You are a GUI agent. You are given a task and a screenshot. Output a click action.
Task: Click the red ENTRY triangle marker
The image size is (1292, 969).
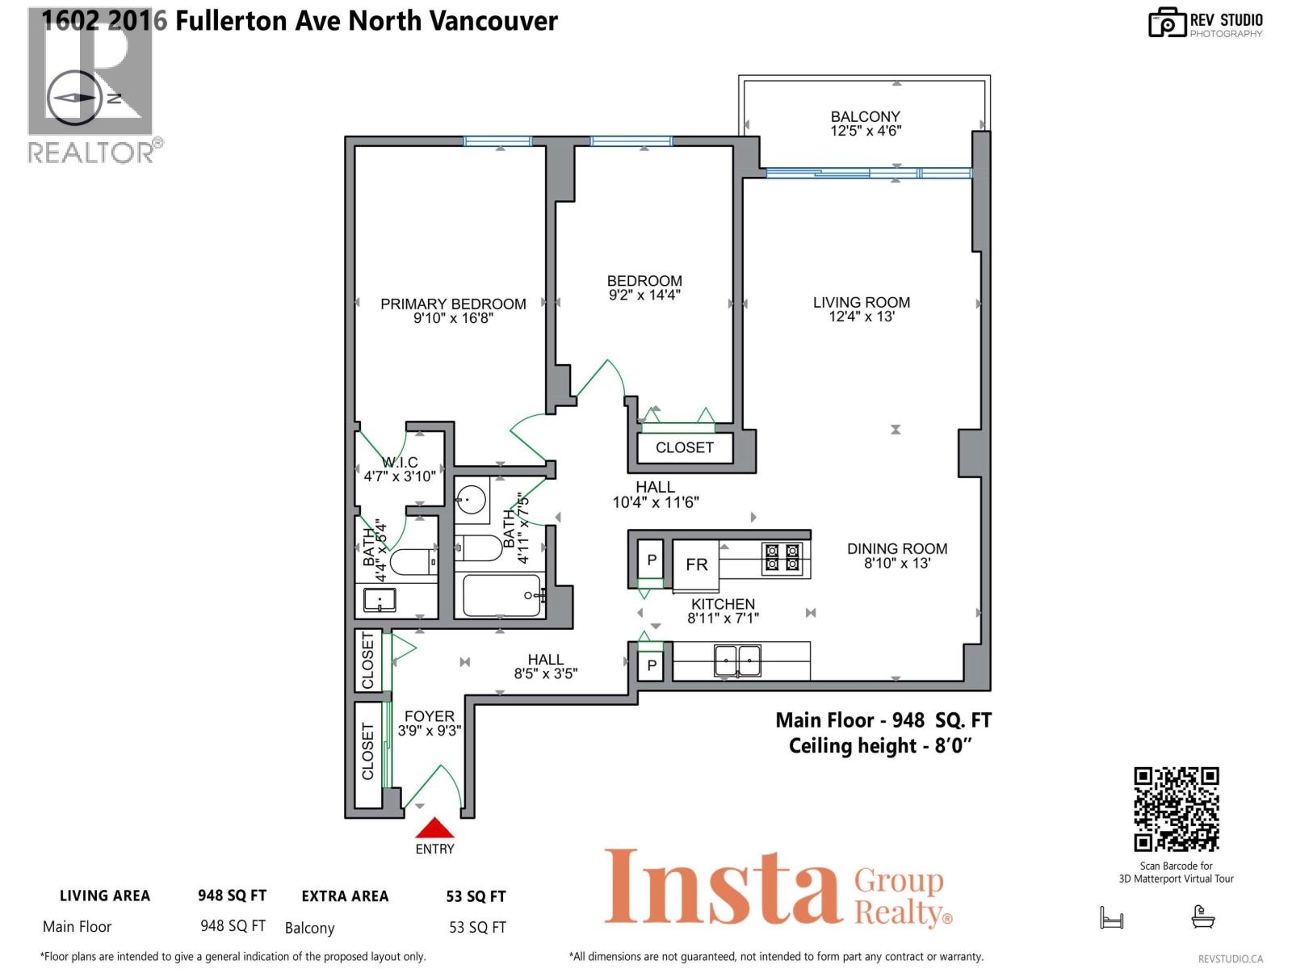pos(434,829)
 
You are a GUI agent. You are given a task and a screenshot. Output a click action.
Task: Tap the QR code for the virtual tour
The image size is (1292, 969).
pos(1176,809)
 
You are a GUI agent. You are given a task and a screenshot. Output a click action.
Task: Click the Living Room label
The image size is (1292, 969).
pos(861,303)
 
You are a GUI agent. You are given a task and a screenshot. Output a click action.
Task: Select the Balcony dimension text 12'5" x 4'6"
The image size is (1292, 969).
pos(866,131)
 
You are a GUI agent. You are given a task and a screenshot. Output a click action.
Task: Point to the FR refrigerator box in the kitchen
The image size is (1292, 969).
pos(696,564)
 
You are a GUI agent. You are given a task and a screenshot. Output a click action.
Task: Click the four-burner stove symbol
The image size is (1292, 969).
pos(782,558)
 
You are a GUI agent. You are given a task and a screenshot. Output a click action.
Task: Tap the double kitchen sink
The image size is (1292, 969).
pos(737,661)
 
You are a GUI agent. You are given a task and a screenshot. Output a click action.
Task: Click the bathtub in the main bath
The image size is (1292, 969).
pos(501,596)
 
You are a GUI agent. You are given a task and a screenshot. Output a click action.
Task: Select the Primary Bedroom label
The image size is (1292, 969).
pos(453,304)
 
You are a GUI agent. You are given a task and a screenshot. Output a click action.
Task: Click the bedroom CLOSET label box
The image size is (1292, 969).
pos(684,447)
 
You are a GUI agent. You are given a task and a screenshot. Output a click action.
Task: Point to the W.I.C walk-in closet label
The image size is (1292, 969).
pos(400,463)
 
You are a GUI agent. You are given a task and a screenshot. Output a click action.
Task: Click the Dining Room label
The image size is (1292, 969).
pos(897,549)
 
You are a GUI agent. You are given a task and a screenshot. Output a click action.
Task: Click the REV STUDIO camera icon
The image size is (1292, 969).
pos(1166,23)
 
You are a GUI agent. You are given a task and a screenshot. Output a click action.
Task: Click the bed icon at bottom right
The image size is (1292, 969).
pos(1112,918)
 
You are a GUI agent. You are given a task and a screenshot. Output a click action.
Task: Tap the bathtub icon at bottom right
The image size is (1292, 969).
pos(1203,917)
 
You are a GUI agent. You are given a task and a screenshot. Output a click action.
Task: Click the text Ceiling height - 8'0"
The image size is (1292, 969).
pos(879,746)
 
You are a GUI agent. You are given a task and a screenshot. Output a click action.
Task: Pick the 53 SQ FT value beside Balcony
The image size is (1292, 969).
pos(477,928)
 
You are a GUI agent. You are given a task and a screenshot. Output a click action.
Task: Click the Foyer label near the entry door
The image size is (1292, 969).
pos(429,716)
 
